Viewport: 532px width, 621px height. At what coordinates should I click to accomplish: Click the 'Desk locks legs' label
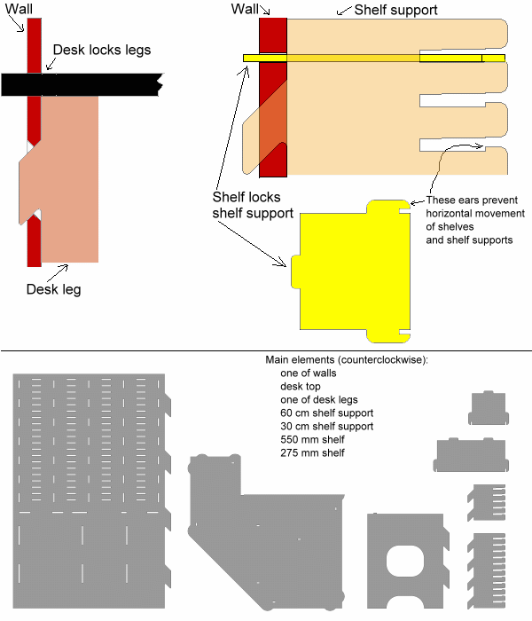click(101, 50)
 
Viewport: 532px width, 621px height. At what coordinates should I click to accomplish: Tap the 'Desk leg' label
click(53, 289)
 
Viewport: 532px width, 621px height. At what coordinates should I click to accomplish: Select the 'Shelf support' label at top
click(395, 11)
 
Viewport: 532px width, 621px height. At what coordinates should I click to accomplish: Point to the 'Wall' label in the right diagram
click(245, 8)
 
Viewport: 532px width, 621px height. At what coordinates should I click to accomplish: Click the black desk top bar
click(80, 84)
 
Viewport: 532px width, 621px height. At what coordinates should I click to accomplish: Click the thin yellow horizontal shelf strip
click(372, 59)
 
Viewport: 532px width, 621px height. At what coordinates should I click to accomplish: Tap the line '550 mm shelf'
click(311, 440)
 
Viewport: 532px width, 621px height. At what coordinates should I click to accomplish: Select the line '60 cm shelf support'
click(326, 413)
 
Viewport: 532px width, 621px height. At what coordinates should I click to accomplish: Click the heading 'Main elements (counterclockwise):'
click(347, 359)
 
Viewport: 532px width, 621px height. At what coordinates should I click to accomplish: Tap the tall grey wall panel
click(89, 488)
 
